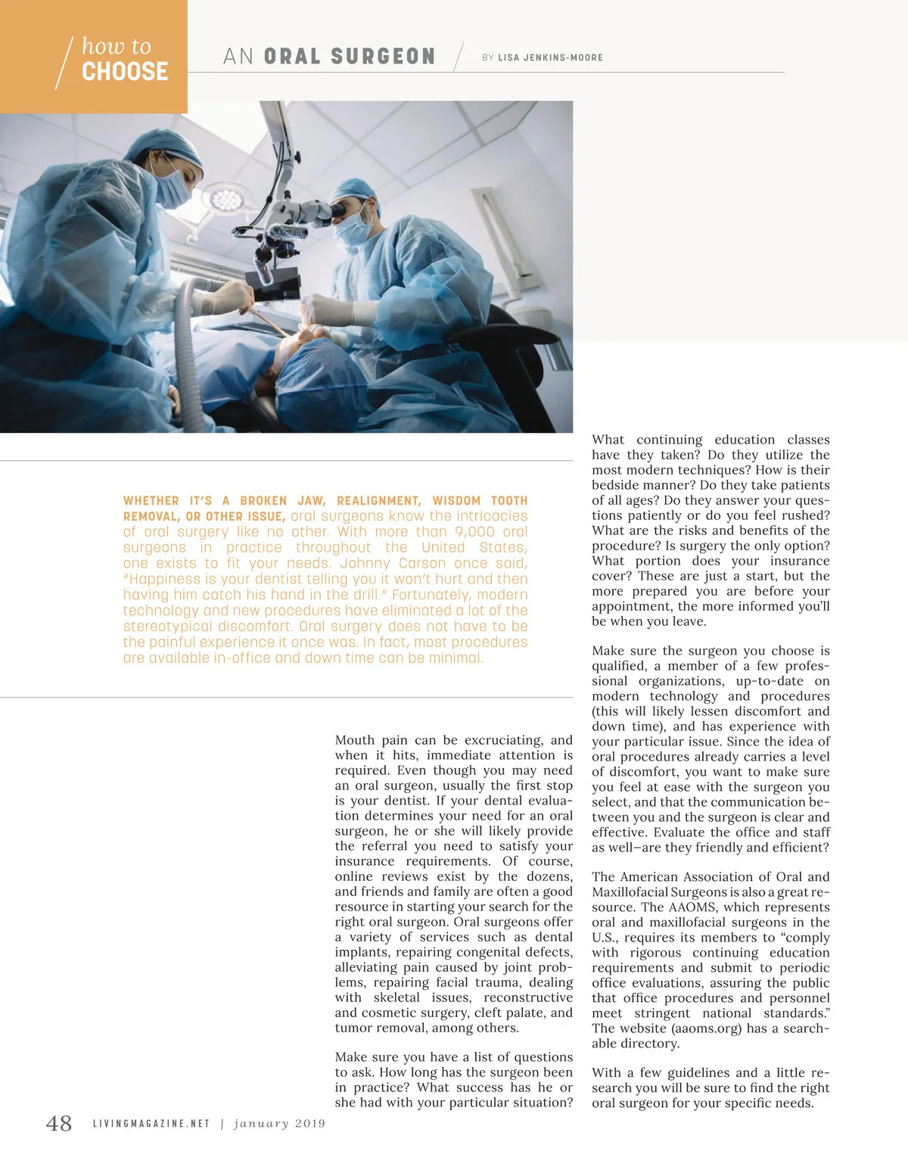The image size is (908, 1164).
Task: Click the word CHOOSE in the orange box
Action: point(125,72)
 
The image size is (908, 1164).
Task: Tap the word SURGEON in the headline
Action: point(383,57)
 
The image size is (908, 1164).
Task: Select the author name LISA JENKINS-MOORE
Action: point(550,58)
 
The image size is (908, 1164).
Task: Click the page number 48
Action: point(59,1123)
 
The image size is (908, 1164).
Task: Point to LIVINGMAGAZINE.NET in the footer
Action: point(151,1124)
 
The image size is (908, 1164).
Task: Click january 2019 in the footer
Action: point(279,1124)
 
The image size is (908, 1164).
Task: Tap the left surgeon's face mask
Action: point(173,189)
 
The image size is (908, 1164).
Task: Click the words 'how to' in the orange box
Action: point(117,46)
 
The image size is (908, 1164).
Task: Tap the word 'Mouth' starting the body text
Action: point(355,740)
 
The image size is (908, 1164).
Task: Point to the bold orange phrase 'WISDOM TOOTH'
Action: point(480,501)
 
